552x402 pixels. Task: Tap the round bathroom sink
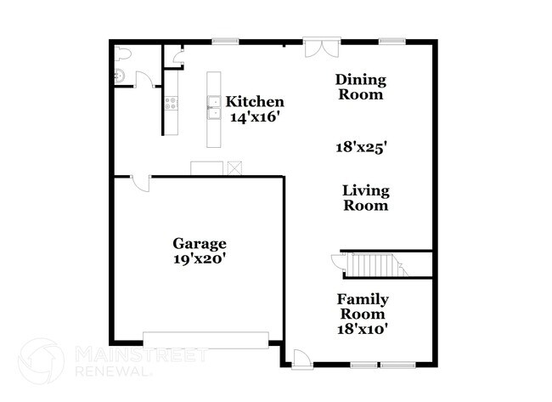(120, 77)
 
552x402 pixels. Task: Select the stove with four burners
(171, 104)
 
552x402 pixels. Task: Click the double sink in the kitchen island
(214, 108)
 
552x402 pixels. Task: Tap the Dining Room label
(360, 87)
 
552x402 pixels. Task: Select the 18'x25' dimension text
(362, 146)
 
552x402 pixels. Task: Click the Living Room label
(365, 197)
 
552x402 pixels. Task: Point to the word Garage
(199, 243)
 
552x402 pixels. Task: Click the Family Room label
(363, 306)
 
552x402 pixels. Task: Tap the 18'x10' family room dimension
(363, 329)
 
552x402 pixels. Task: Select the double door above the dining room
(323, 46)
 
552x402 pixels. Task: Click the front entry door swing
(300, 358)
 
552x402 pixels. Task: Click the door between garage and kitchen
(141, 182)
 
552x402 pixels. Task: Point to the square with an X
(235, 167)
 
